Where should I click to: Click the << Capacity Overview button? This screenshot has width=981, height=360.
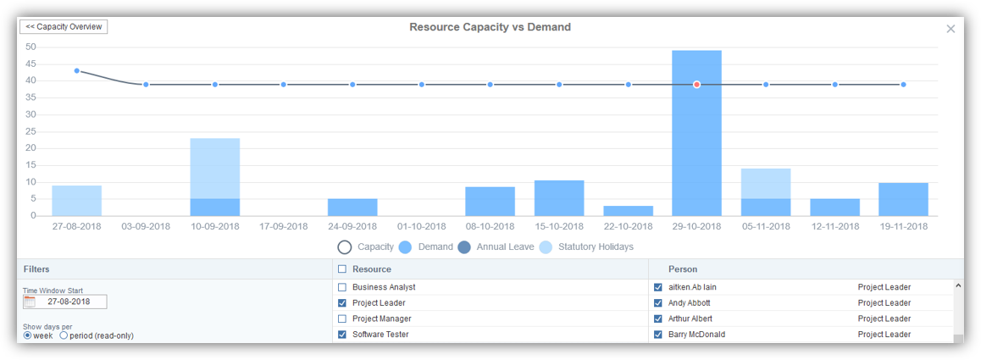64,27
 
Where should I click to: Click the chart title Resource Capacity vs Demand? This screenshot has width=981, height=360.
490,27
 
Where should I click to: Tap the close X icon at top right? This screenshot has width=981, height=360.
951,29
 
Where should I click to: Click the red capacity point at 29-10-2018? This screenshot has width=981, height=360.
696,85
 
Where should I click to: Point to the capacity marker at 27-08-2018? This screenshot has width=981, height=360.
77,71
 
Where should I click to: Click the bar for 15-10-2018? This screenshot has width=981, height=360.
559,198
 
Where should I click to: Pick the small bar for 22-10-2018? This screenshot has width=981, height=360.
628,211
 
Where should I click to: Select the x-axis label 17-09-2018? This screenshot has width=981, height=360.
284,227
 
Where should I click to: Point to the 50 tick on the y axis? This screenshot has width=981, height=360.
30,47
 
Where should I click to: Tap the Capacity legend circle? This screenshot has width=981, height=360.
345,247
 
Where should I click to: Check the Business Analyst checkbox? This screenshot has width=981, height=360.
342,287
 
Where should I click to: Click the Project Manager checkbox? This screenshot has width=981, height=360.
342,318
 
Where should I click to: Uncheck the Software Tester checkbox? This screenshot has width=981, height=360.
342,335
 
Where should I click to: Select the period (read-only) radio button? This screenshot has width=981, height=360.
64,335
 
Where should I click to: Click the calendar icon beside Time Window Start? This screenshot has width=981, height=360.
30,302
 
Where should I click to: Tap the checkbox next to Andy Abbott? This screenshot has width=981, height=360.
658,303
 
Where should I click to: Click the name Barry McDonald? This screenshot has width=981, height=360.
696,335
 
